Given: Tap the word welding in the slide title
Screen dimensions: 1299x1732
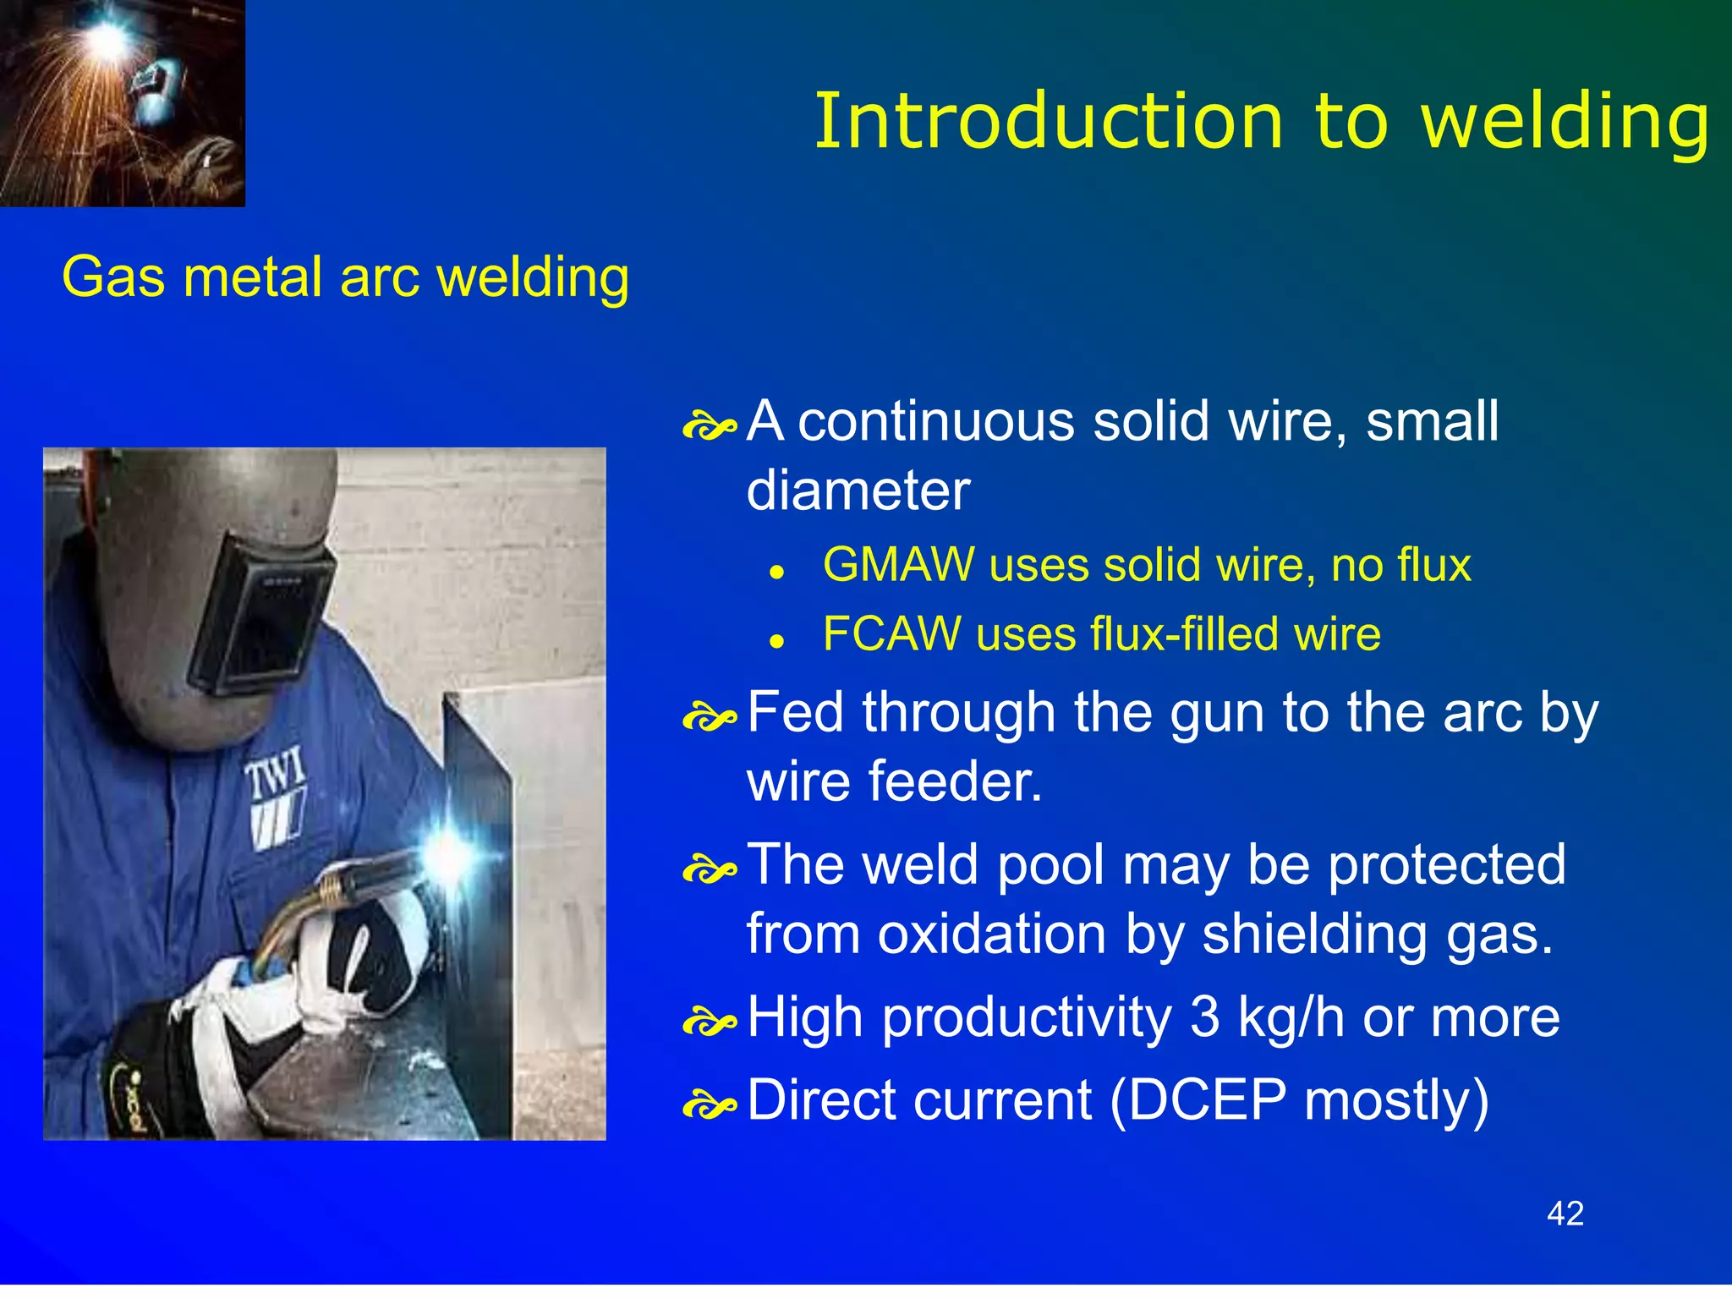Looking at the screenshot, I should coord(1565,123).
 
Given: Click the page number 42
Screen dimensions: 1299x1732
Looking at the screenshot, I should coord(1565,1214).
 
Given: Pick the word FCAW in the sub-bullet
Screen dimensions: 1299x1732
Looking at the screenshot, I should coord(891,634).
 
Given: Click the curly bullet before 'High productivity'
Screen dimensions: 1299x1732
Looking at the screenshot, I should coord(709,1022).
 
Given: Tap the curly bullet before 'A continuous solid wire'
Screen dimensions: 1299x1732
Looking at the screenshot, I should coord(709,426).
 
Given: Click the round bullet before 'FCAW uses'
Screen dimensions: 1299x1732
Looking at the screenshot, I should coord(777,642).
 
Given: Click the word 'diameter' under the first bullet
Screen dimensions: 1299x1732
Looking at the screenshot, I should coord(858,491).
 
